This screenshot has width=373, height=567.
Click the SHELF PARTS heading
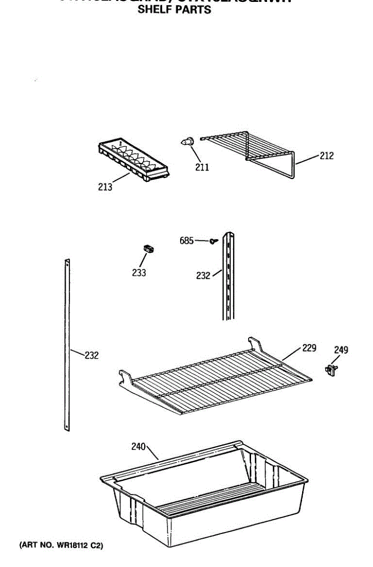174,9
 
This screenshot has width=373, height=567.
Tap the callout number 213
105,187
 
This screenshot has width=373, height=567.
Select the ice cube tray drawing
133,161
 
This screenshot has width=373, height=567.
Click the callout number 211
202,167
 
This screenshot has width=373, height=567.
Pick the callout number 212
326,155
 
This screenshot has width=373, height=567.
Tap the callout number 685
187,241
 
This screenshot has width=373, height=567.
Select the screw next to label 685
214,241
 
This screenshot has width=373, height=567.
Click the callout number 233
139,273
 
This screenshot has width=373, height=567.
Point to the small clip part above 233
149,249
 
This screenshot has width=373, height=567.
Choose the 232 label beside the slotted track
203,275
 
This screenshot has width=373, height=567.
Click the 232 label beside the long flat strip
92,355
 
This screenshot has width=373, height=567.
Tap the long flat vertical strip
67,345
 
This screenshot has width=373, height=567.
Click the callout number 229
309,348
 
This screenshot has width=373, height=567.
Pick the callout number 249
341,350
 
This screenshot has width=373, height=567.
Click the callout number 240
139,446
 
